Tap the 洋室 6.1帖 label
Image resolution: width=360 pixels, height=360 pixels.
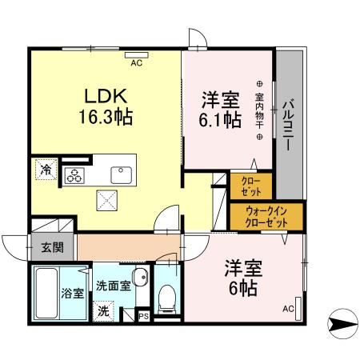(x=221, y=110)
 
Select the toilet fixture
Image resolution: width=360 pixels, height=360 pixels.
(x=167, y=298)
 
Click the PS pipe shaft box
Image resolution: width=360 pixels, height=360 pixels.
(x=143, y=315)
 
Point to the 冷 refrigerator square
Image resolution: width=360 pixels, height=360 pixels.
(x=46, y=170)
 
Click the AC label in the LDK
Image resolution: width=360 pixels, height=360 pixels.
(x=135, y=62)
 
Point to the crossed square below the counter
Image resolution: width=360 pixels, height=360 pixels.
(x=106, y=200)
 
